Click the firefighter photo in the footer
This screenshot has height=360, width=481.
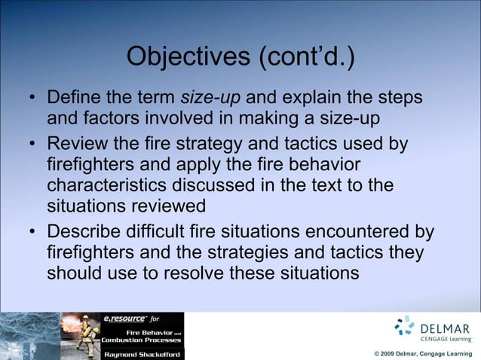[x=80, y=336]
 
